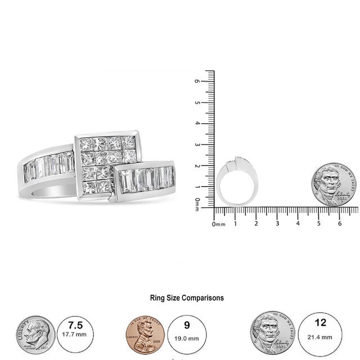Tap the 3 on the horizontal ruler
tap(277, 224)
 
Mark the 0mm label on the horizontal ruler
tap(219, 224)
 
